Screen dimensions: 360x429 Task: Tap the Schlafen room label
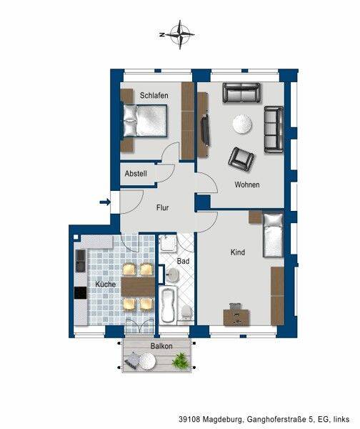[x=154, y=96]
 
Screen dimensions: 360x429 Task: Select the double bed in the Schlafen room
[x=145, y=121]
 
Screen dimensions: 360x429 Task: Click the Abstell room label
[x=136, y=174]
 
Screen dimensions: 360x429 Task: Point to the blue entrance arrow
[x=105, y=202]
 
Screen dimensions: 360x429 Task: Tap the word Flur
[x=162, y=207]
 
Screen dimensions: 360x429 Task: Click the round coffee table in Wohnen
[x=242, y=124]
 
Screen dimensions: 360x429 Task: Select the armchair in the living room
[x=241, y=159]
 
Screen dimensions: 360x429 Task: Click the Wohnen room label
[x=247, y=184]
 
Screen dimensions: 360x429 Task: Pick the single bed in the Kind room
[x=273, y=235]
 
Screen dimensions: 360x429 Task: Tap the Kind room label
[x=238, y=252]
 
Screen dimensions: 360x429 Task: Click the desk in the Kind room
[x=236, y=317]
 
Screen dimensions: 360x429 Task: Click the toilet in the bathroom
[x=187, y=312]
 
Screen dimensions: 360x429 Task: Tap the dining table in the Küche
[x=138, y=287]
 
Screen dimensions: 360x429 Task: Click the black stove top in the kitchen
[x=81, y=292]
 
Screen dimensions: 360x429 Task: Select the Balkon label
[x=161, y=346]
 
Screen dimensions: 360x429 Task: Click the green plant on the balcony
[x=181, y=360]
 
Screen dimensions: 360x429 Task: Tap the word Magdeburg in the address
[x=222, y=419]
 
